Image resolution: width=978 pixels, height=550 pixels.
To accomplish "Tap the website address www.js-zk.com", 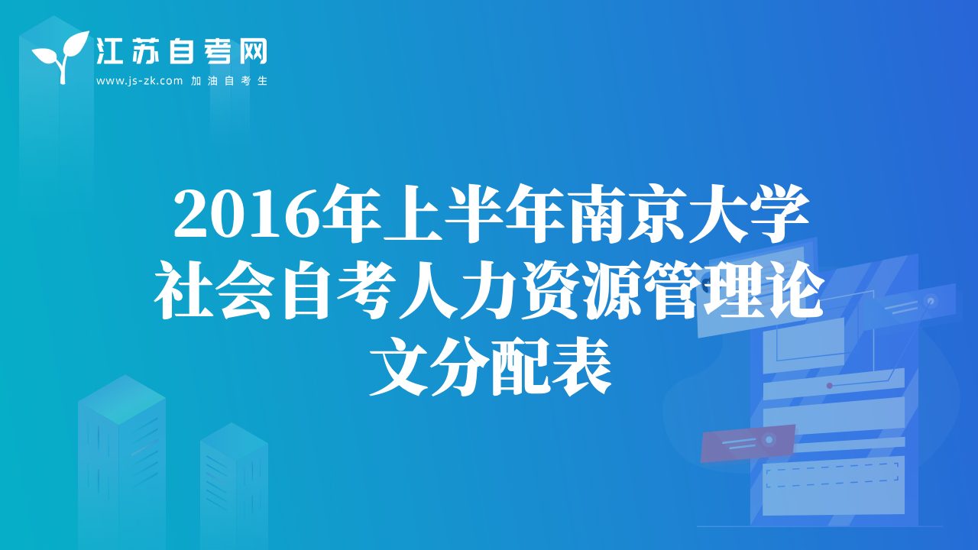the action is click(139, 81).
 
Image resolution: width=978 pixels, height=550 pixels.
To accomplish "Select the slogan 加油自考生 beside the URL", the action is click(228, 81).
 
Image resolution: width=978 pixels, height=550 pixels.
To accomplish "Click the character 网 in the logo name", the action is click(253, 51).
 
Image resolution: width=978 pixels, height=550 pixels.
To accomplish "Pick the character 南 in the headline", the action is click(597, 214).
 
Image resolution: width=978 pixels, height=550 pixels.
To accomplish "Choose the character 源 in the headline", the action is click(611, 290).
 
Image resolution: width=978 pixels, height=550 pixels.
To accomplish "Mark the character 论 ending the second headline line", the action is click(795, 290).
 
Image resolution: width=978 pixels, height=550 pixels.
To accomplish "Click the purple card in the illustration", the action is click(747, 442).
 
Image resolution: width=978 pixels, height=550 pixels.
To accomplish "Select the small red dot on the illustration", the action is click(830, 386).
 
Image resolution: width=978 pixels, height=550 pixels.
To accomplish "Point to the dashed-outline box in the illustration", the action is click(832, 476).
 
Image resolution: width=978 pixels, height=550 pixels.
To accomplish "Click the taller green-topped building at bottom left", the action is click(121, 462).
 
